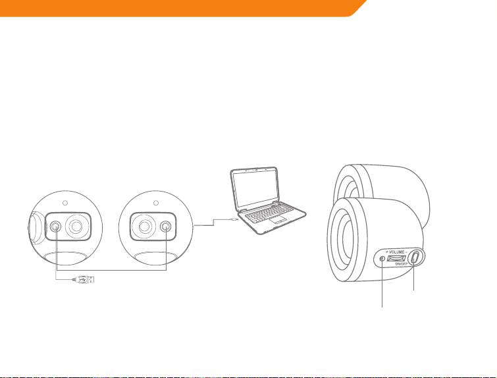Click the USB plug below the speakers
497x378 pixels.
click(x=84, y=279)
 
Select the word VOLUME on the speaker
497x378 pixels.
click(x=396, y=252)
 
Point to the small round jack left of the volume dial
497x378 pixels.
click(x=383, y=259)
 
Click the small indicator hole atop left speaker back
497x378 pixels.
click(x=66, y=202)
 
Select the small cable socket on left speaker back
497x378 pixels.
click(x=56, y=227)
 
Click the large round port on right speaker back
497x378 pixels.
click(x=143, y=227)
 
